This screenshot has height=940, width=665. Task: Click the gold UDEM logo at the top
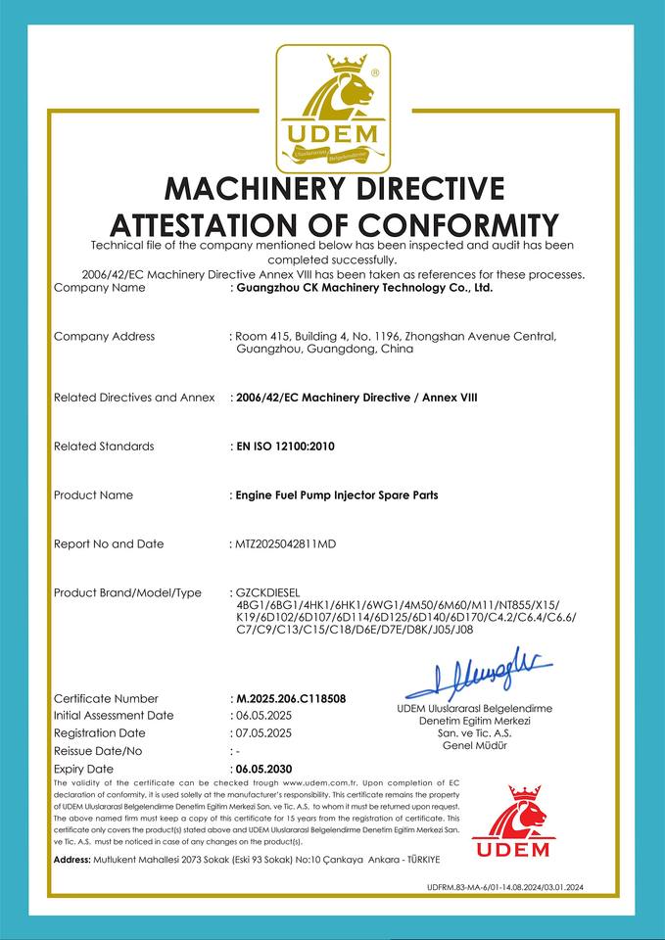pyautogui.click(x=333, y=108)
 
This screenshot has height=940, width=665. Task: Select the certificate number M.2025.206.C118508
pyautogui.click(x=291, y=698)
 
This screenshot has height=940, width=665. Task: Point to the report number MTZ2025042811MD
pyautogui.click(x=285, y=543)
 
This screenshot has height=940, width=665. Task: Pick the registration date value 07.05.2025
pyautogui.click(x=264, y=732)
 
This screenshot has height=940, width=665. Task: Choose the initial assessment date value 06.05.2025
pyautogui.click(x=264, y=715)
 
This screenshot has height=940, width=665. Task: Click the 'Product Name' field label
pyautogui.click(x=93, y=494)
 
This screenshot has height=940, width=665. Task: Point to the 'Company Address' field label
pyautogui.click(x=104, y=336)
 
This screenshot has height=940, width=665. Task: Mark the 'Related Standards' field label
pyautogui.click(x=104, y=446)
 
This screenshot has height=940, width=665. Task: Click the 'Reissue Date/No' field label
pyautogui.click(x=98, y=750)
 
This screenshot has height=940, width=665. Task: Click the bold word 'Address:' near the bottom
pyautogui.click(x=72, y=859)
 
